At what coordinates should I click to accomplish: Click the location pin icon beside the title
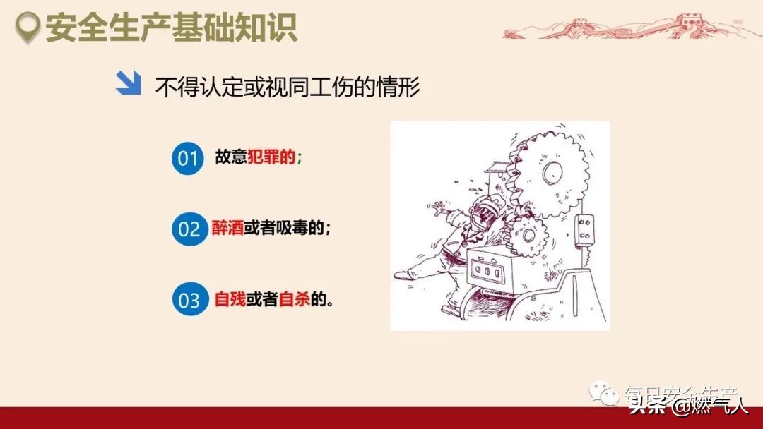(28, 28)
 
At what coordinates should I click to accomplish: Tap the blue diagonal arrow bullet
(128, 84)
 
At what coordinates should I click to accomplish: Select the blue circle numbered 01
(187, 158)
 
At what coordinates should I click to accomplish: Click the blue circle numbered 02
(189, 229)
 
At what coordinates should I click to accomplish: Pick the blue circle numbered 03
(189, 300)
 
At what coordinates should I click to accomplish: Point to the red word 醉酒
(227, 228)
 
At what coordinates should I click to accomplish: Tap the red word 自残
(230, 299)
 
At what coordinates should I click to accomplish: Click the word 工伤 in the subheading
(333, 87)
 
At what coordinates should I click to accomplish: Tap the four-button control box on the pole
(584, 228)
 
